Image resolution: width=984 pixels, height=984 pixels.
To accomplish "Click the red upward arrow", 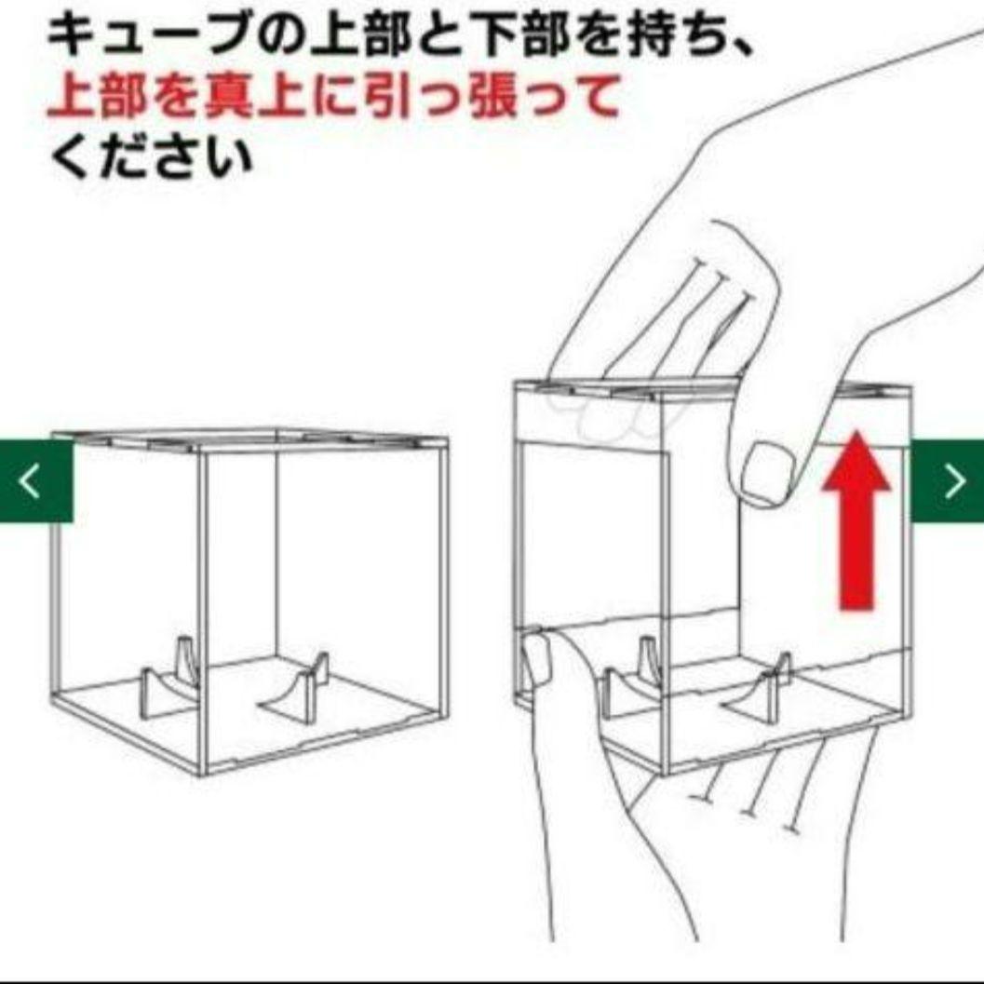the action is point(856,521).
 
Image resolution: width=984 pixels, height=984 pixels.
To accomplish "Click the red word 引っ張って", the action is point(492,96).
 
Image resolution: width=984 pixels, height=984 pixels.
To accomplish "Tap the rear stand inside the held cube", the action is point(650,660).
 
